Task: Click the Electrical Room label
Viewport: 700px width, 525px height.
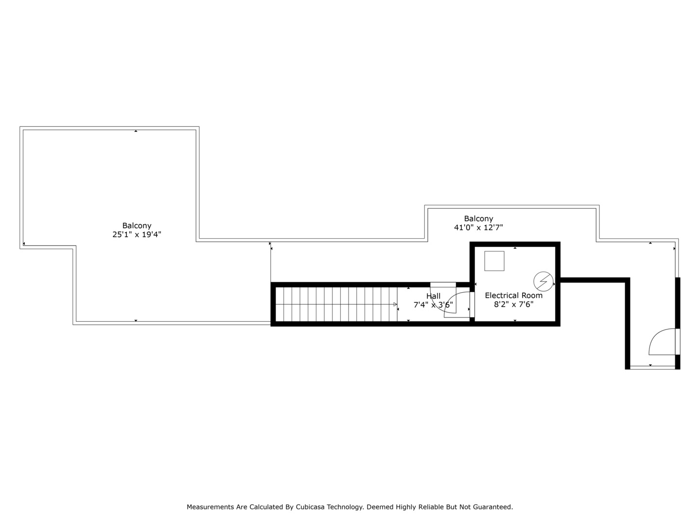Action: tap(513, 296)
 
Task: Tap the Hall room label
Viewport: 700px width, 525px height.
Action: tap(433, 296)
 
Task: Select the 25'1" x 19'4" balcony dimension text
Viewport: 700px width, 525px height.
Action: tap(137, 234)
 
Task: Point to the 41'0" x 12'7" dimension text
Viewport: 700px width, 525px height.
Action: tap(478, 227)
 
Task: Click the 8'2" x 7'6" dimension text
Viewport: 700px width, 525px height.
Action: tap(513, 305)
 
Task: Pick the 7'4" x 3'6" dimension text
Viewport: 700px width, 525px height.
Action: tap(433, 305)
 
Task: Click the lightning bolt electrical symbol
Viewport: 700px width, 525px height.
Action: tap(543, 280)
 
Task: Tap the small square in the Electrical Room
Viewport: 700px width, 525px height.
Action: tap(494, 261)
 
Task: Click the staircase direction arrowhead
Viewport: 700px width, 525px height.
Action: tap(395, 305)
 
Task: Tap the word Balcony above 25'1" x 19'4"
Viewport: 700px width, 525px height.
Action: tap(137, 226)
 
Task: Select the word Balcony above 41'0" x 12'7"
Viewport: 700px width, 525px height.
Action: tap(478, 219)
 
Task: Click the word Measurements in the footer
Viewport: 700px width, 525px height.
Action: tap(210, 507)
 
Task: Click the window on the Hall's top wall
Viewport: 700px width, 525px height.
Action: tap(443, 284)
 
